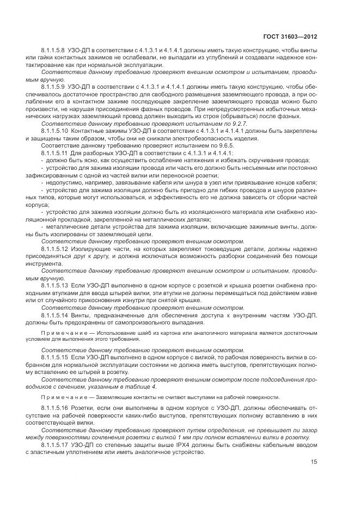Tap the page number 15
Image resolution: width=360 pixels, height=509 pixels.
click(314, 462)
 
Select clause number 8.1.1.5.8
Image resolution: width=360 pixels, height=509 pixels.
click(53, 50)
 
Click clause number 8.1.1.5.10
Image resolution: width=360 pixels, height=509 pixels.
click(54, 131)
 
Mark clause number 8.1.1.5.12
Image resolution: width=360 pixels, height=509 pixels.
click(54, 248)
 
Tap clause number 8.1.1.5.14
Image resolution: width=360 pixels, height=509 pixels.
click(54, 315)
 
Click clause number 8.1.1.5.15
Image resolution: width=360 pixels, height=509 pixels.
click(54, 356)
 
